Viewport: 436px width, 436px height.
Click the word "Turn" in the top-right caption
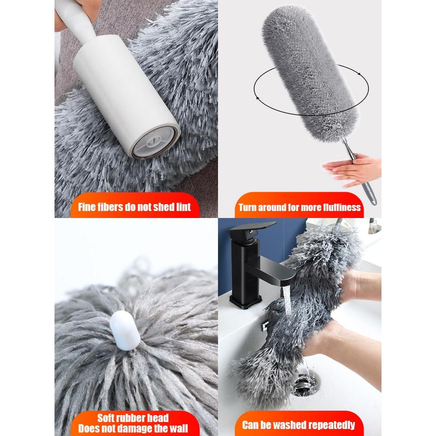coord(247,208)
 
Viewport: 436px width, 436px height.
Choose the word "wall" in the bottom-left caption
coord(178,429)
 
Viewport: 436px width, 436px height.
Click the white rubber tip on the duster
coord(125,330)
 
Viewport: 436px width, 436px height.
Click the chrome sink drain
coord(304,384)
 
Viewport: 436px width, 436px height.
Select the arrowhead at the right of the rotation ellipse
coord(359,74)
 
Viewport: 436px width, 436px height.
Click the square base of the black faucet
coord(245,302)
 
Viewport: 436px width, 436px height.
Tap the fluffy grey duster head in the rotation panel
coord(310,74)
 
